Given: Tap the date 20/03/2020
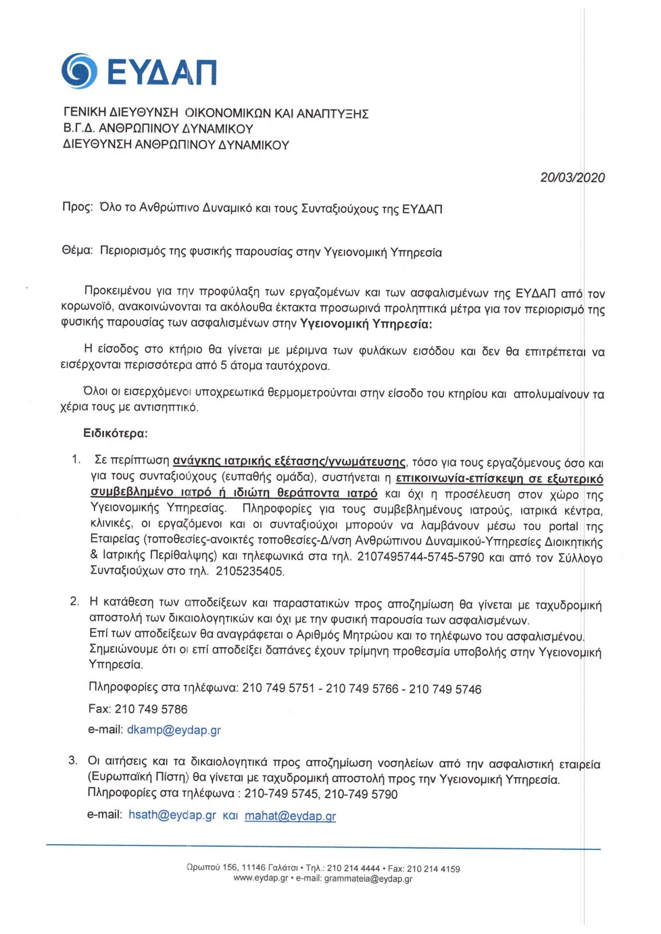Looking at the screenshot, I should (x=572, y=177).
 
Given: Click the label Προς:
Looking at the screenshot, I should (x=77, y=208).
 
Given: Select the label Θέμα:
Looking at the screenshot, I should (x=77, y=252).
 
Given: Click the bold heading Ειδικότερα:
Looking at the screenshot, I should (x=115, y=433).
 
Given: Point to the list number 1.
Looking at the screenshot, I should (x=75, y=459).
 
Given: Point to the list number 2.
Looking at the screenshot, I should (x=74, y=601).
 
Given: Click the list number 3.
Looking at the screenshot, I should (x=73, y=760).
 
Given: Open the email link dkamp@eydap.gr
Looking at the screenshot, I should (x=173, y=730).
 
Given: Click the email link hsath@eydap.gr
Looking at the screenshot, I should (x=172, y=815).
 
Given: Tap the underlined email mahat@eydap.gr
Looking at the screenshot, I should (x=290, y=815).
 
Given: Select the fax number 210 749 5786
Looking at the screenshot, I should (x=151, y=709).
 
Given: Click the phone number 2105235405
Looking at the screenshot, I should (x=249, y=571).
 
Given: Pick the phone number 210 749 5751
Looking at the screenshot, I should (x=278, y=688).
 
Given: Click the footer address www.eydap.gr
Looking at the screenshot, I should (x=260, y=879).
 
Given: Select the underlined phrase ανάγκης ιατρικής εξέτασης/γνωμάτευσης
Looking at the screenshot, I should (x=289, y=462).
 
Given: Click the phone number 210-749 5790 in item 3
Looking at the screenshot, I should (x=361, y=794).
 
